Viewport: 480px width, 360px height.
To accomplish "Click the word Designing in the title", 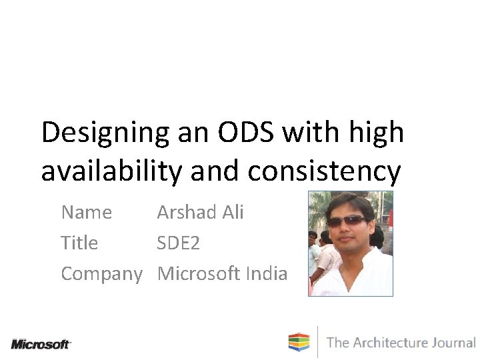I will pyautogui.click(x=105, y=133).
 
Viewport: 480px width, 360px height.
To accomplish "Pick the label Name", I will pyautogui.click(x=86, y=213).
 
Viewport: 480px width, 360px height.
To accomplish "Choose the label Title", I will pyautogui.click(x=79, y=243).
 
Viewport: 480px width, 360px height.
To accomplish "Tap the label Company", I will pyautogui.click(x=101, y=274).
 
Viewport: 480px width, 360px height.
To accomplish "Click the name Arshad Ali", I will pyautogui.click(x=200, y=213).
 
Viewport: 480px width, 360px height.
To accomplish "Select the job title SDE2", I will pyautogui.click(x=178, y=243).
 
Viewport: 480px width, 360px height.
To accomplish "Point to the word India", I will pyautogui.click(x=267, y=273).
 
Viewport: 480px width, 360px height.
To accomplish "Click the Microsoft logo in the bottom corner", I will pyautogui.click(x=41, y=344).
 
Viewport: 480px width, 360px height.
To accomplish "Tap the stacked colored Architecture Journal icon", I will pyautogui.click(x=299, y=342).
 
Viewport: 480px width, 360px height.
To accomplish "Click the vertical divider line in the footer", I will pyautogui.click(x=317, y=342).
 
